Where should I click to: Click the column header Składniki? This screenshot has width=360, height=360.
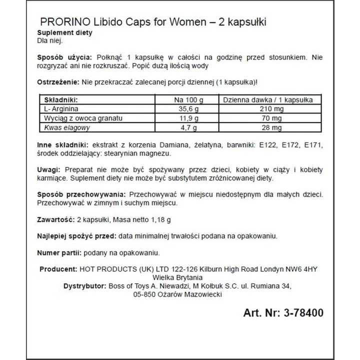click(61, 99)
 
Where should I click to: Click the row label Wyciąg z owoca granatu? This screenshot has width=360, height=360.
click(82, 118)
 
